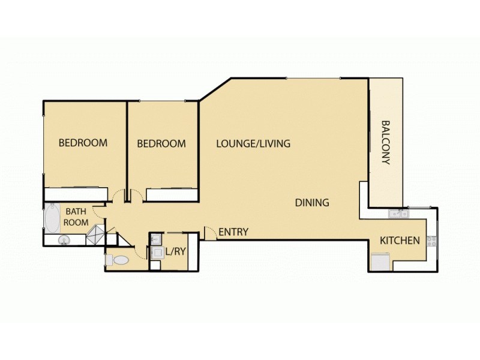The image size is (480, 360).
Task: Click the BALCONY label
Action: coord(386,143)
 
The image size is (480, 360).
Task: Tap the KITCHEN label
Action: coord(400,241)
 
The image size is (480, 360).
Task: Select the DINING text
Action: coord(312,202)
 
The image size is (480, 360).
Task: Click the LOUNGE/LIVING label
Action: coord(253,143)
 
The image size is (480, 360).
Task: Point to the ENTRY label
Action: coord(233,232)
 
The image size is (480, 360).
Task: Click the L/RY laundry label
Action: coord(176,252)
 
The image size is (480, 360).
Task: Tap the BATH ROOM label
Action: coord(77,217)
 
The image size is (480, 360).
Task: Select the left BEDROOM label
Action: coord(83,143)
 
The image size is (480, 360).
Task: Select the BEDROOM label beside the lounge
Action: coord(161,143)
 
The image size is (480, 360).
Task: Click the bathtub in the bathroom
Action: coord(52,219)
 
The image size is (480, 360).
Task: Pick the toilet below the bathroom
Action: coord(119,260)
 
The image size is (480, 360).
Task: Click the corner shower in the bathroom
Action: coord(95,236)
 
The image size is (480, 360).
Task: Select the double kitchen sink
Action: coord(397,213)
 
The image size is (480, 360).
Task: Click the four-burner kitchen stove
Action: coord(431,241)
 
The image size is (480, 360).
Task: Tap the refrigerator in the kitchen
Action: coord(380,262)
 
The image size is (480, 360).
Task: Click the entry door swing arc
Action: coord(210,232)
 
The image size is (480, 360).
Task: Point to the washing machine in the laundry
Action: coord(157,252)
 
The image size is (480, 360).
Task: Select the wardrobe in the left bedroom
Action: coord(74,194)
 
